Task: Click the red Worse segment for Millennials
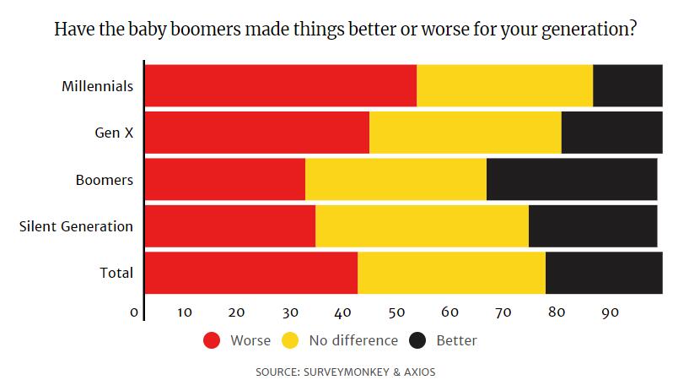point(281,85)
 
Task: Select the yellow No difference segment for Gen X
point(465,133)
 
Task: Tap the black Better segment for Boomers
point(572,179)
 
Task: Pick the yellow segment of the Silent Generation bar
point(422,226)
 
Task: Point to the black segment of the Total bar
point(604,274)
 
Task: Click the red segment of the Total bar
point(251,274)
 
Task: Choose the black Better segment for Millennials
point(627,85)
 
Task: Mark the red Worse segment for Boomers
point(225,179)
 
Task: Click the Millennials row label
point(98,86)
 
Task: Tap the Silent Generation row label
point(76,226)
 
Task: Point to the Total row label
point(116,274)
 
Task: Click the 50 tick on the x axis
point(396,312)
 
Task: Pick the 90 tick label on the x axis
point(610,312)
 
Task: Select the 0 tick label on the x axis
point(134,312)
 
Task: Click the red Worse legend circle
point(212,341)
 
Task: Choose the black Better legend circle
point(417,341)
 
